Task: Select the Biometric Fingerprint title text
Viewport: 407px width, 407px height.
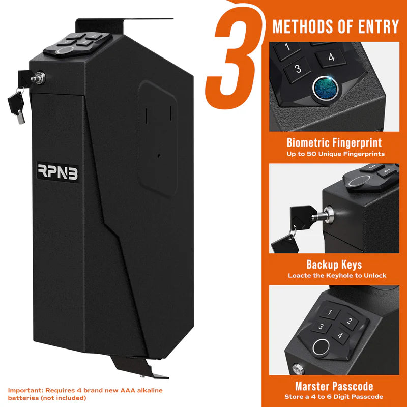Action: [x=334, y=142]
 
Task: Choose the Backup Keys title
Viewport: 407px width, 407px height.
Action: [x=334, y=265]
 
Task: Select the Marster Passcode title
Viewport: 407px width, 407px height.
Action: [x=334, y=386]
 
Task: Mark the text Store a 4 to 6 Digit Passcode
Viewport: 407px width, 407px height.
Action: [x=334, y=397]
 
